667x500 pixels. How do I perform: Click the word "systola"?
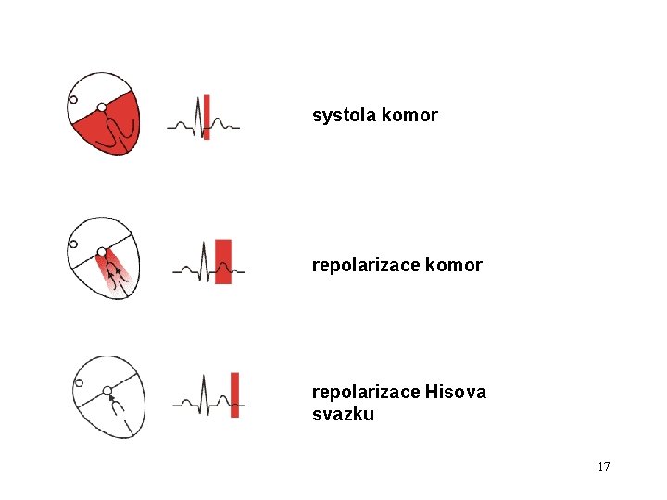343,116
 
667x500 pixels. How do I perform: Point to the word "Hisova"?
456,392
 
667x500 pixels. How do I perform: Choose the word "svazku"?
343,415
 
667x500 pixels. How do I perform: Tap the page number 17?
603,467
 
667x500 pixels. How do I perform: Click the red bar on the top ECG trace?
207,117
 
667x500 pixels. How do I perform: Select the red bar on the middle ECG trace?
222,261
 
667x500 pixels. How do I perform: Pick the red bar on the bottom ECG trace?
234,394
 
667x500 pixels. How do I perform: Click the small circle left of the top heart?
74,100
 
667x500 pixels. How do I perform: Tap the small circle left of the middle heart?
73,244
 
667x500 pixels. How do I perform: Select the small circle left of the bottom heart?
79,381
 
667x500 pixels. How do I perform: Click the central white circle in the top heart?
102,107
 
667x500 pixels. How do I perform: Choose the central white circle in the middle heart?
102,252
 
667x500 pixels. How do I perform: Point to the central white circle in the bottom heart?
107,391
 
